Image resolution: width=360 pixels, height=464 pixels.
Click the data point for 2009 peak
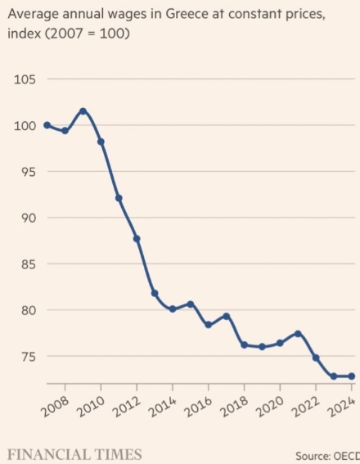point(83,111)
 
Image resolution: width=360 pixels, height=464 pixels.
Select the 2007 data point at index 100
point(47,125)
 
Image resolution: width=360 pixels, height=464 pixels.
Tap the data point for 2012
point(137,239)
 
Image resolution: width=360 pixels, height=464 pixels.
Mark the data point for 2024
point(352,376)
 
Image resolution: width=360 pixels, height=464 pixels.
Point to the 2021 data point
point(298,334)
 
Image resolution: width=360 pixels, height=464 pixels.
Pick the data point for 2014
point(173,309)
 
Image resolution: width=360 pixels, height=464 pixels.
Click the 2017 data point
point(227,317)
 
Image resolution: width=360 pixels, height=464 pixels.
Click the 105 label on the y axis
point(25,79)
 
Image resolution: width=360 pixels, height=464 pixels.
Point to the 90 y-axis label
point(29,218)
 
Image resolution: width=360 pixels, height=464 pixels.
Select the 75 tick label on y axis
point(29,357)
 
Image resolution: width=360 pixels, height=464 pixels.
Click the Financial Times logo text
point(74,454)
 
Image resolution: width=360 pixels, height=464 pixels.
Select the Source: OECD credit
point(327,456)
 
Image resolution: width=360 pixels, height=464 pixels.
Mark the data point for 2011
point(119,198)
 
